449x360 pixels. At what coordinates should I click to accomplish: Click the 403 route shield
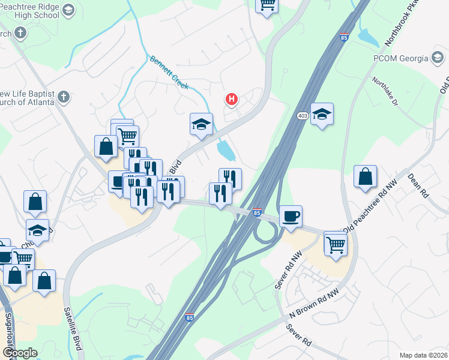click(302, 115)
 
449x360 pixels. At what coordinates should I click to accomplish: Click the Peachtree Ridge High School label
click(30, 10)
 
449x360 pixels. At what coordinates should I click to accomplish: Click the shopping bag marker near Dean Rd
click(365, 177)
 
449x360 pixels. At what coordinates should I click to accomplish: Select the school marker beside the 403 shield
click(322, 114)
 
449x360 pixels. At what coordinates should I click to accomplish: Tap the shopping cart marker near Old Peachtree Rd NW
click(336, 244)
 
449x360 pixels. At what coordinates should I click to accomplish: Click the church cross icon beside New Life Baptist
click(64, 96)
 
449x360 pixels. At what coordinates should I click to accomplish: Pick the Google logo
click(20, 353)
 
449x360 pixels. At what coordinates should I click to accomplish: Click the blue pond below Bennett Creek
click(226, 151)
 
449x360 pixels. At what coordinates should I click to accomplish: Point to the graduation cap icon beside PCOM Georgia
click(437, 58)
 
